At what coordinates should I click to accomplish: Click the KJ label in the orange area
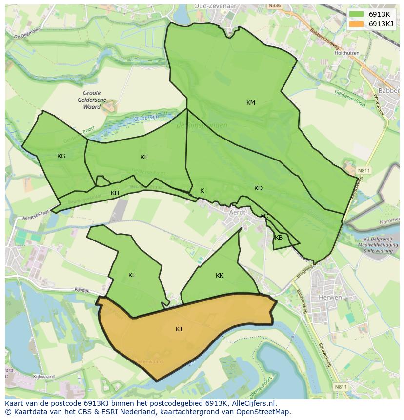point(179,329)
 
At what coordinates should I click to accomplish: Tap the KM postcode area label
point(251,103)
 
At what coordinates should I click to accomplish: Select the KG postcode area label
point(61,156)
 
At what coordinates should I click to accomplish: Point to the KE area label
point(144,157)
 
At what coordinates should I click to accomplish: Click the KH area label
point(115,193)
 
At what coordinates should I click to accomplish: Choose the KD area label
point(258,188)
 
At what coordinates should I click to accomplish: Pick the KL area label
point(132,275)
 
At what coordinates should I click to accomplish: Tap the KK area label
point(220,276)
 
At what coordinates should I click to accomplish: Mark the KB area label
point(279,238)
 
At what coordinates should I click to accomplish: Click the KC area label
point(264,216)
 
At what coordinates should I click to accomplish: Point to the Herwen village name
point(330,297)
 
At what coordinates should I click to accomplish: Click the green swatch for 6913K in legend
point(357,15)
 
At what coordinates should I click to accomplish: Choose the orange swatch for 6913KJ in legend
point(357,24)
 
